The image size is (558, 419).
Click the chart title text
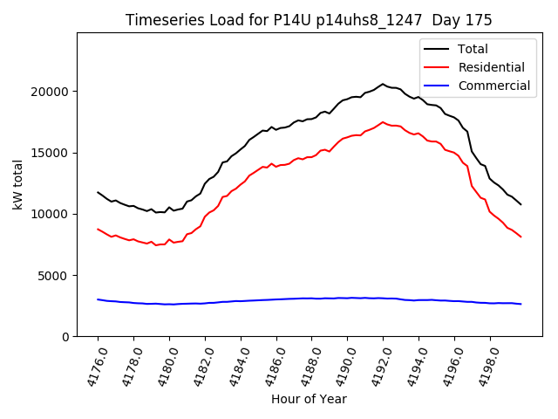(309, 20)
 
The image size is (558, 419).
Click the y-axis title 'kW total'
(18, 184)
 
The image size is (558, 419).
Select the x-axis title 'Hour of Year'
(309, 399)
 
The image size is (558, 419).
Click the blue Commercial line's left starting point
(98, 299)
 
